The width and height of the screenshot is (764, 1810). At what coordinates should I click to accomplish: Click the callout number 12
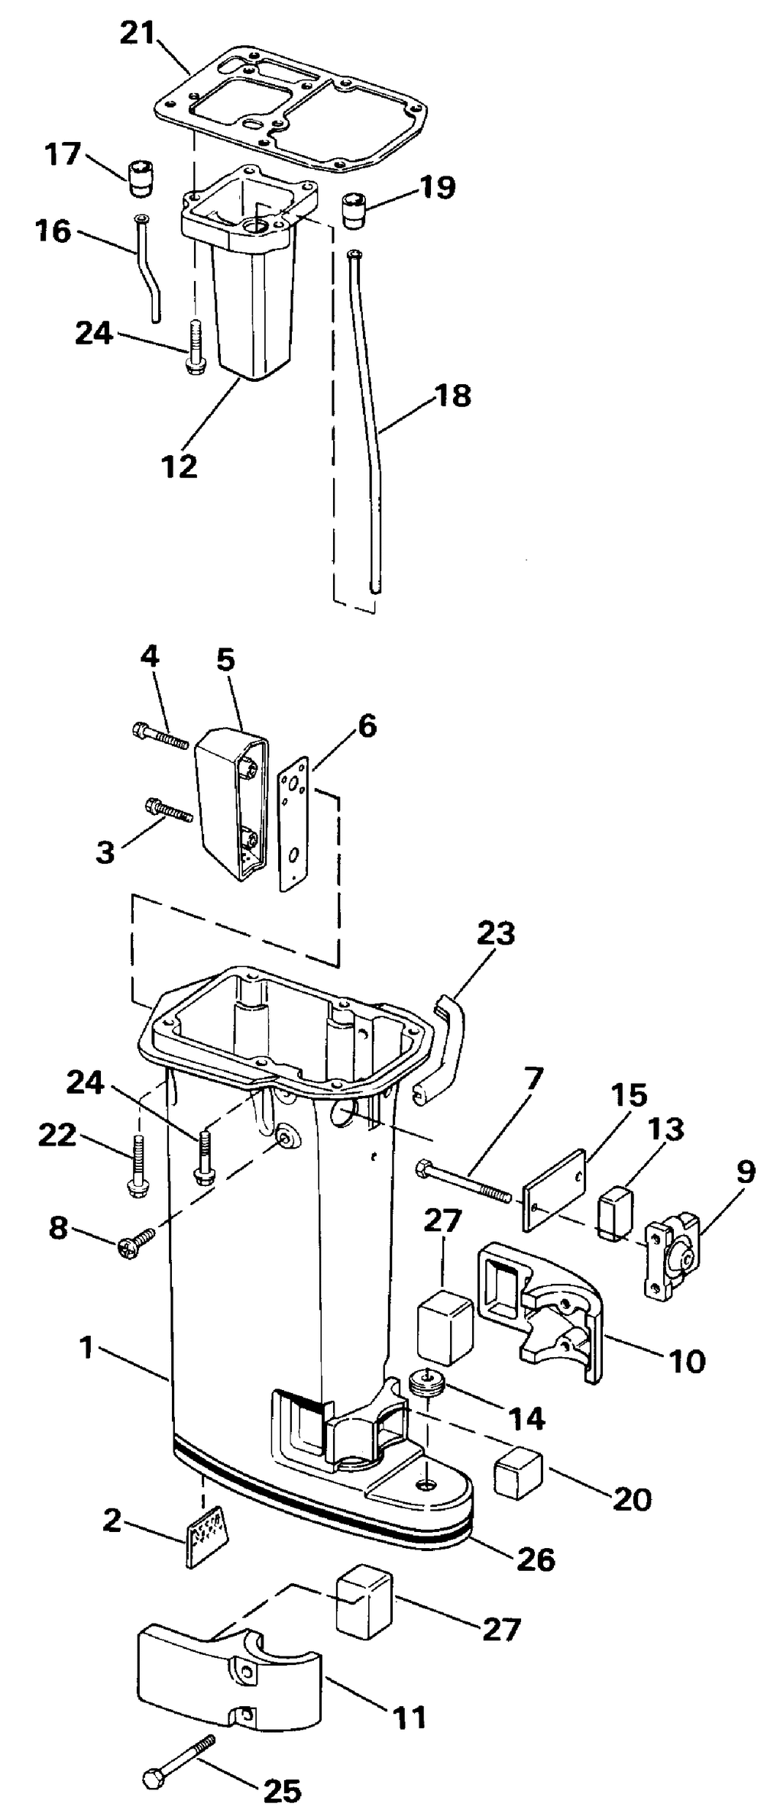pyautogui.click(x=179, y=466)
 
